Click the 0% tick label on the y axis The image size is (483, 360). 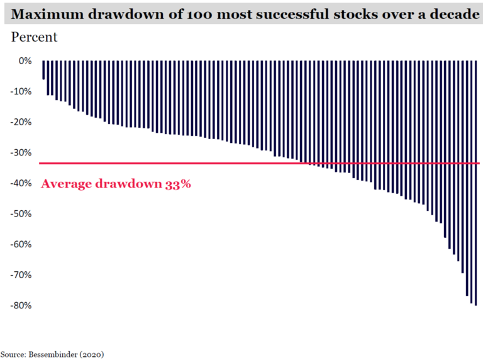pos(25,61)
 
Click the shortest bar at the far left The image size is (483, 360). pos(43,70)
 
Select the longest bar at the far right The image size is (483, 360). pos(475,183)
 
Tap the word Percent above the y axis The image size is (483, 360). pos(34,37)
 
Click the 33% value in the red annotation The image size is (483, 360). pos(178,185)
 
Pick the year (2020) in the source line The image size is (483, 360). pos(92,354)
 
